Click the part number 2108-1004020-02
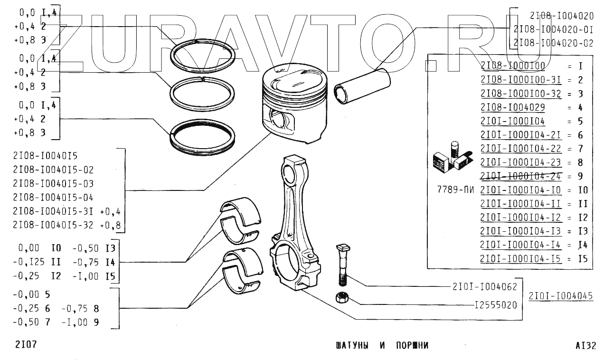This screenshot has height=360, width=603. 553,43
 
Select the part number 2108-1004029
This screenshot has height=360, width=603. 512,107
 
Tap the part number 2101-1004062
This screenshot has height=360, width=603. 485,286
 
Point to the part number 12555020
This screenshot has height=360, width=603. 495,305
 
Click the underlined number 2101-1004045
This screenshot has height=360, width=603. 561,296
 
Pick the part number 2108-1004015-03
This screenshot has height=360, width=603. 53,183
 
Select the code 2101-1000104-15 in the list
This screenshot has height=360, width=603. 520,259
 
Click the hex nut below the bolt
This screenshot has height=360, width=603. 341,298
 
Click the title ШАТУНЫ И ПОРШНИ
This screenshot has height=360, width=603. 382,345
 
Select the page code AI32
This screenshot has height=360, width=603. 585,346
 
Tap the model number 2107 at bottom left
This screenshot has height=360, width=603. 24,344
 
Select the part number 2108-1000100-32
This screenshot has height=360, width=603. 520,94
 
